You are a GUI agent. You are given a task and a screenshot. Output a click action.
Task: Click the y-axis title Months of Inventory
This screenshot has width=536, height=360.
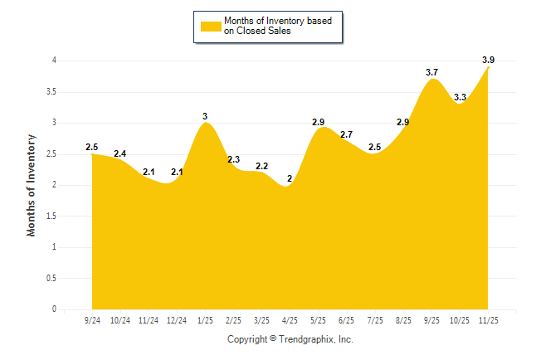[32, 185]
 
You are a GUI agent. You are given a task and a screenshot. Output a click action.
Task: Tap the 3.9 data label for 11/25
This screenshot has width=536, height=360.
[488, 60]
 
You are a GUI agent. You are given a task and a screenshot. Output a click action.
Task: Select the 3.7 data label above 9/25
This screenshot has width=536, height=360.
[431, 72]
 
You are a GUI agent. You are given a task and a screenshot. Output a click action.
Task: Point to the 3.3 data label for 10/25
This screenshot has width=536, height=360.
[460, 97]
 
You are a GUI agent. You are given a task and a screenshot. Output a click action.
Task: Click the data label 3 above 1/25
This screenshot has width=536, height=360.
[205, 116]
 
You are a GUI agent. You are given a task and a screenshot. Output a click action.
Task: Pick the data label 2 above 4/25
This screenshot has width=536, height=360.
[290, 178]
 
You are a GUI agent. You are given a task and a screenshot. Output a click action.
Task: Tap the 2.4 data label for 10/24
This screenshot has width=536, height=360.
[120, 153]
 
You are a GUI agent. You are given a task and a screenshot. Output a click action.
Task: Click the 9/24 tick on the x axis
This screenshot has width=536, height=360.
[92, 319]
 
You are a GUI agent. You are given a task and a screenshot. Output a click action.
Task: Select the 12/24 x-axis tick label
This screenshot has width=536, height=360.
[177, 319]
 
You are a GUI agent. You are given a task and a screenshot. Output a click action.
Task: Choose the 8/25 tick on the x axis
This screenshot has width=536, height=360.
[403, 319]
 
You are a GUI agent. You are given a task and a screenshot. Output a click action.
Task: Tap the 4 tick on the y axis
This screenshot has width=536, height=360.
[54, 61]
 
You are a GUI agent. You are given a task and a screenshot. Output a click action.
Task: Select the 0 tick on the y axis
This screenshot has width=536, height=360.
[54, 309]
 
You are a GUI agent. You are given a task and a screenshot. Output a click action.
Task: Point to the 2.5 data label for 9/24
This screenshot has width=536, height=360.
[92, 148]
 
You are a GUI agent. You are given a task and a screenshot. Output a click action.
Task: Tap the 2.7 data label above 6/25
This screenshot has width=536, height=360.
[347, 134]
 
